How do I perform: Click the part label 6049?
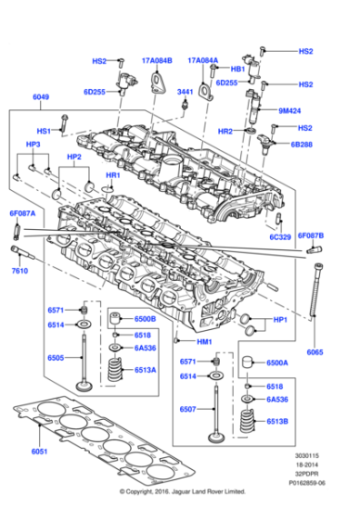click(x=42, y=97)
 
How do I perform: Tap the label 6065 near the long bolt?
click(x=315, y=352)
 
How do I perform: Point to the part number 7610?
click(x=20, y=272)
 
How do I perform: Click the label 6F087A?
click(x=22, y=214)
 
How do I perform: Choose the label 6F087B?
click(x=311, y=235)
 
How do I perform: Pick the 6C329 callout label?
click(x=279, y=237)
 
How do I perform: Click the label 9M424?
click(x=289, y=110)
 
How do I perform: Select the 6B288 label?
click(x=302, y=144)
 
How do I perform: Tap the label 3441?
click(x=185, y=92)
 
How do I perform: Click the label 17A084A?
click(x=204, y=60)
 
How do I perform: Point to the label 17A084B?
click(x=156, y=60)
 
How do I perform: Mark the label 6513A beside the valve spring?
click(x=145, y=370)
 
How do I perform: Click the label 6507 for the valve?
click(x=188, y=409)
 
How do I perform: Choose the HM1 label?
click(x=204, y=342)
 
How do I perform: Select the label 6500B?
click(x=145, y=320)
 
